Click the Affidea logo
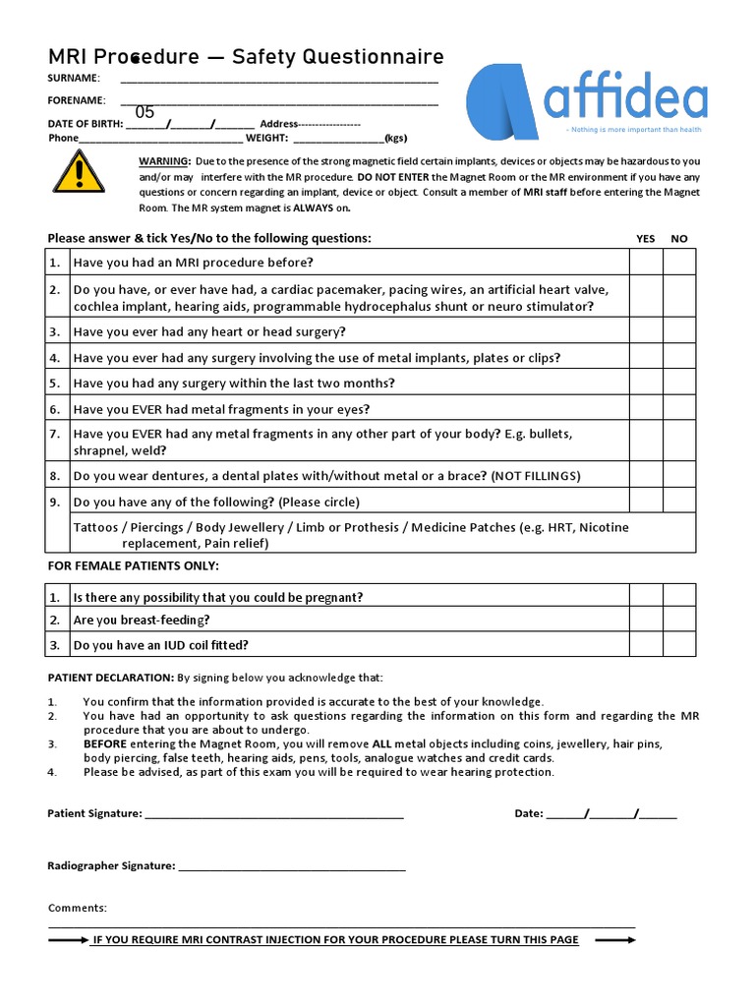click(586, 102)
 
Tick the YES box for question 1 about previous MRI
click(646, 262)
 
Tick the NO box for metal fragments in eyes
click(678, 408)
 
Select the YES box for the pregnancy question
click(646, 596)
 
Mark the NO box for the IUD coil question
click(678, 644)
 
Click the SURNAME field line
click(279, 79)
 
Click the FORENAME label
click(77, 100)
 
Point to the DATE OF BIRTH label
click(86, 124)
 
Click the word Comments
click(78, 908)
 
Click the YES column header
click(646, 239)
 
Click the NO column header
click(678, 239)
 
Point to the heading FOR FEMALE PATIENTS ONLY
click(134, 565)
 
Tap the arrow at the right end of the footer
click(615, 940)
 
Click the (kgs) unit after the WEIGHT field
click(395, 138)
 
